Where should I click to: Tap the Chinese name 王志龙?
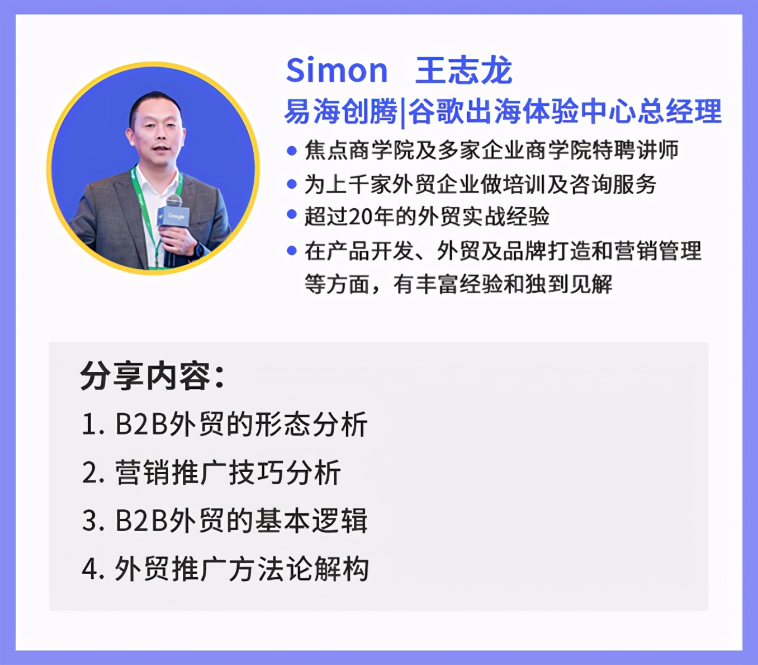click(x=463, y=70)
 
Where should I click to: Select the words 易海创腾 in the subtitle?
click(x=341, y=111)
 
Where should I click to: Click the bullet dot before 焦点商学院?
click(x=291, y=151)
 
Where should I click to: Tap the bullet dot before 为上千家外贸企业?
click(x=291, y=184)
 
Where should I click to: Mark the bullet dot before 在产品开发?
click(x=291, y=250)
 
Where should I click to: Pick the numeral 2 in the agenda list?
click(x=89, y=473)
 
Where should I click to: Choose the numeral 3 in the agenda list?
click(x=89, y=521)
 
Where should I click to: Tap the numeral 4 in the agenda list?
click(x=89, y=569)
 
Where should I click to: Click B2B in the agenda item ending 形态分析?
click(x=141, y=424)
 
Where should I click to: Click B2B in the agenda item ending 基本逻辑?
click(x=141, y=521)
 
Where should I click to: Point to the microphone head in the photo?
click(x=174, y=201)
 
